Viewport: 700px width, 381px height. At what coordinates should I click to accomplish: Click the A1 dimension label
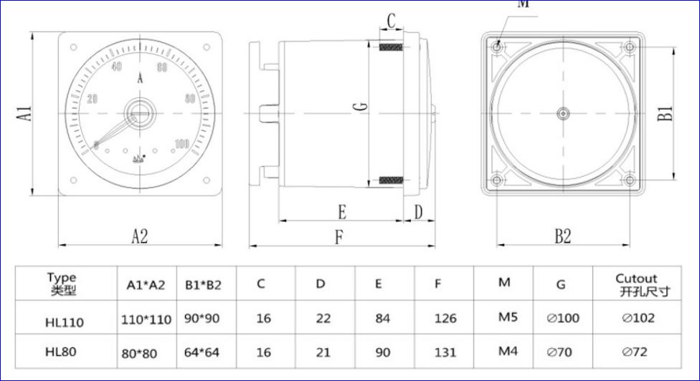(x=24, y=113)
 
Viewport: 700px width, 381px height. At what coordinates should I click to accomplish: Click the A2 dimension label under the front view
(x=139, y=236)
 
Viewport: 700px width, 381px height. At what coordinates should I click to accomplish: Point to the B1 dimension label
(x=666, y=113)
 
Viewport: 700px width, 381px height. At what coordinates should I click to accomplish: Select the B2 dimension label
(x=563, y=236)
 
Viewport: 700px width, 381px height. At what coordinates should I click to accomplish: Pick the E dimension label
(x=342, y=212)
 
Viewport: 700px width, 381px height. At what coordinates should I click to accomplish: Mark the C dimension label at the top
(x=391, y=21)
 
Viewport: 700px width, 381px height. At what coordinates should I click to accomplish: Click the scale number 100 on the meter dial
(x=181, y=144)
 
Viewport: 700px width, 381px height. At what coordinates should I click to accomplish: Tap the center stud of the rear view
(x=563, y=113)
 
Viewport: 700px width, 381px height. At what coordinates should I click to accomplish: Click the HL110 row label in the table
(x=64, y=322)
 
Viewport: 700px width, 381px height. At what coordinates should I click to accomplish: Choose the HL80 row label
(x=60, y=352)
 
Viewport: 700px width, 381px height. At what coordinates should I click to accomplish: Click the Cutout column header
(x=636, y=284)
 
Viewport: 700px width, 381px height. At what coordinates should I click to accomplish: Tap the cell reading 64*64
(x=203, y=352)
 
